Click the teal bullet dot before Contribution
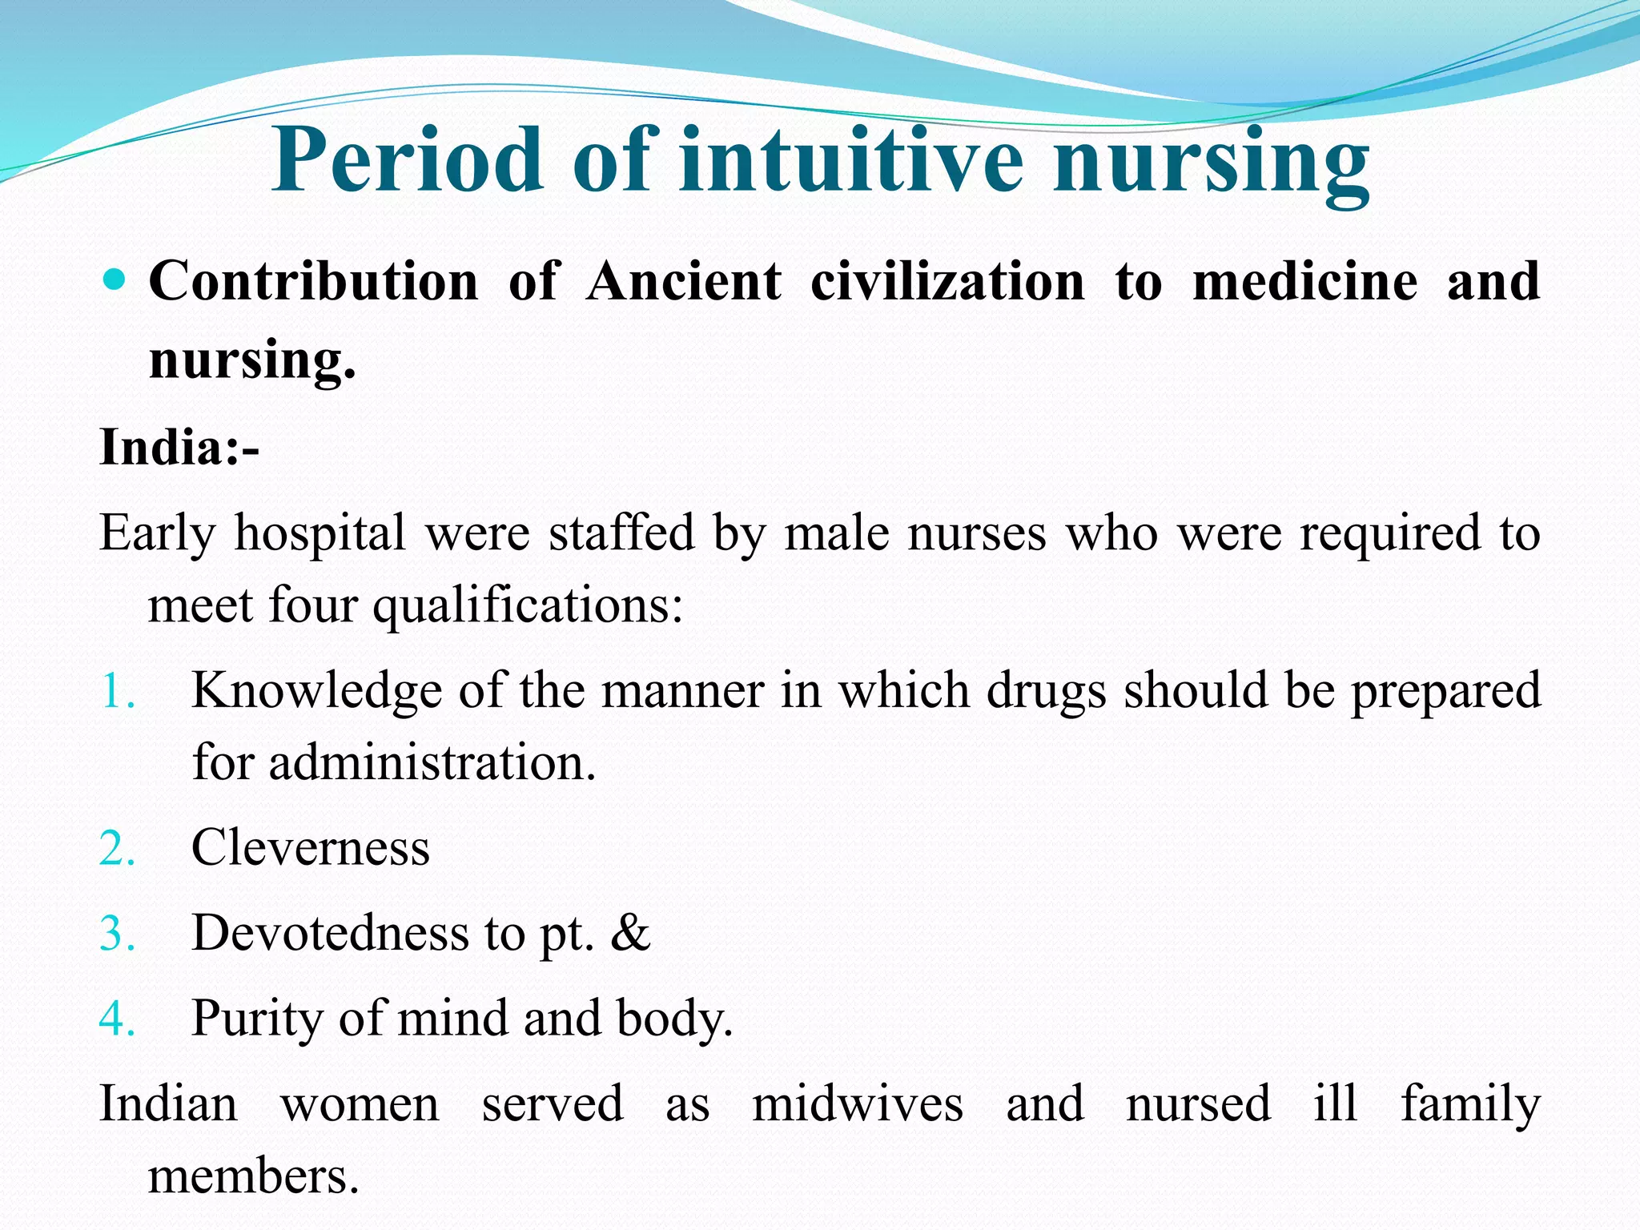(x=116, y=279)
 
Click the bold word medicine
(x=1305, y=282)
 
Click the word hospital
(x=320, y=534)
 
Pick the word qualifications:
(x=528, y=606)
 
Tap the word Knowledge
(x=317, y=691)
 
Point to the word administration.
(x=432, y=762)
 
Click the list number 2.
(x=117, y=849)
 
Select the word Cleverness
(x=311, y=848)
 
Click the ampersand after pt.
(x=630, y=933)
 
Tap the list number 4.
(x=117, y=1019)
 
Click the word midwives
(x=858, y=1104)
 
